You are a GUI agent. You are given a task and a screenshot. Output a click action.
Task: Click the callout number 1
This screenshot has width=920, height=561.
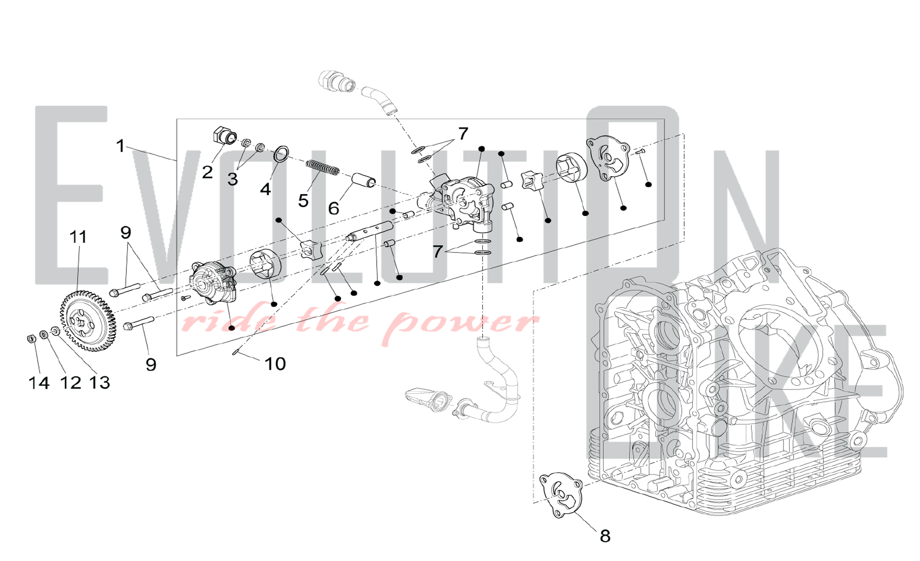coord(121,146)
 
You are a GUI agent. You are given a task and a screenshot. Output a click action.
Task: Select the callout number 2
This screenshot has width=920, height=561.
coord(207,172)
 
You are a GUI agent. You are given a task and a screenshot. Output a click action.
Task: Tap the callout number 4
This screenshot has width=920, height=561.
coord(265,189)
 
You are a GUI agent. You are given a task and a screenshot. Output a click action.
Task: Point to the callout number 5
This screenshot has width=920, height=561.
coord(303,200)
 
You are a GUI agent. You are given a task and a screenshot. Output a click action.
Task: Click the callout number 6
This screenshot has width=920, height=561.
coord(334,208)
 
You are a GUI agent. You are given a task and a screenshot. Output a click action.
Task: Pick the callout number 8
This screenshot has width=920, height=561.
coord(605,536)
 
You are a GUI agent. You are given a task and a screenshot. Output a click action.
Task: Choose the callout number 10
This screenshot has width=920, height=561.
coord(275,364)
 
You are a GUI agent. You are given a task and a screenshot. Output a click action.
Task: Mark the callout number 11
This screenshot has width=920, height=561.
coord(78,237)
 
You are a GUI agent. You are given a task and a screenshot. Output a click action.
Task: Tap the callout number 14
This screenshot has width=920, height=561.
coord(39,383)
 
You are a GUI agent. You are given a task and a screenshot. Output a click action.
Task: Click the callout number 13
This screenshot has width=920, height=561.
coord(99,383)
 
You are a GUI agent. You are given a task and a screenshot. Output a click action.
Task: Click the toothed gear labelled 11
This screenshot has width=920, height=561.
coord(87,321)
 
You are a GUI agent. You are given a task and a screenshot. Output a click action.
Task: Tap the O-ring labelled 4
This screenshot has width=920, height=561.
coord(282,154)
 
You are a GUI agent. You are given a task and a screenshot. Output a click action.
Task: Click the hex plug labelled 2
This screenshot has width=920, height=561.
coord(225,135)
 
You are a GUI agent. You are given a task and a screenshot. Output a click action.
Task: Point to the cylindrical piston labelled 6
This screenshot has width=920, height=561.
coord(364,181)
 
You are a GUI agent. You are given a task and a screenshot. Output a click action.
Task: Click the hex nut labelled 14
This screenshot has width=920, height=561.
coord(31,339)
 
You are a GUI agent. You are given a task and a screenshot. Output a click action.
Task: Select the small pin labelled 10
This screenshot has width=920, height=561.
coord(236,353)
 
